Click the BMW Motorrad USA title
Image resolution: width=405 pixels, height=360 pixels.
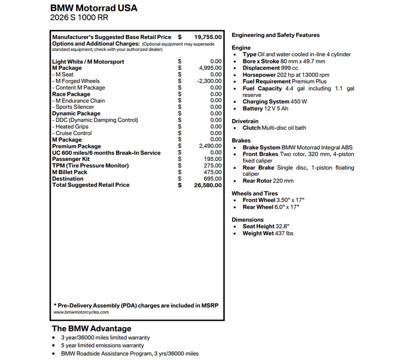click(94, 8)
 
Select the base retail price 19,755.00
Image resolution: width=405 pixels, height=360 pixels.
click(208, 37)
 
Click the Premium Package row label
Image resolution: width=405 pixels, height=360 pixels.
click(76, 146)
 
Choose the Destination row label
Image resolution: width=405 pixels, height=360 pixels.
click(67, 179)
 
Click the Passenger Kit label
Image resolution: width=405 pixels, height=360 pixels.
click(71, 159)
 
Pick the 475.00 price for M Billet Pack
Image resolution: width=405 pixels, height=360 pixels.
click(212, 172)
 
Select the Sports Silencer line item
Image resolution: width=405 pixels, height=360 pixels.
click(75, 107)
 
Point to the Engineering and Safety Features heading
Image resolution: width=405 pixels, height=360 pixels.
click(275, 35)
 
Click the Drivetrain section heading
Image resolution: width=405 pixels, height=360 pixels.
click(245, 121)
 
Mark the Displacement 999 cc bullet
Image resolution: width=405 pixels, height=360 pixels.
click(270, 68)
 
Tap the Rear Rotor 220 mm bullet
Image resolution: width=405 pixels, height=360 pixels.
click(268, 181)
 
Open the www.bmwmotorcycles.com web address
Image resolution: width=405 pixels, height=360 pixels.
click(81, 312)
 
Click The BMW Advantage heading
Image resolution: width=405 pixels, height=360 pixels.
click(91, 328)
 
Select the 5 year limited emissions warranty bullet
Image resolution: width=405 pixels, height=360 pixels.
click(103, 346)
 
